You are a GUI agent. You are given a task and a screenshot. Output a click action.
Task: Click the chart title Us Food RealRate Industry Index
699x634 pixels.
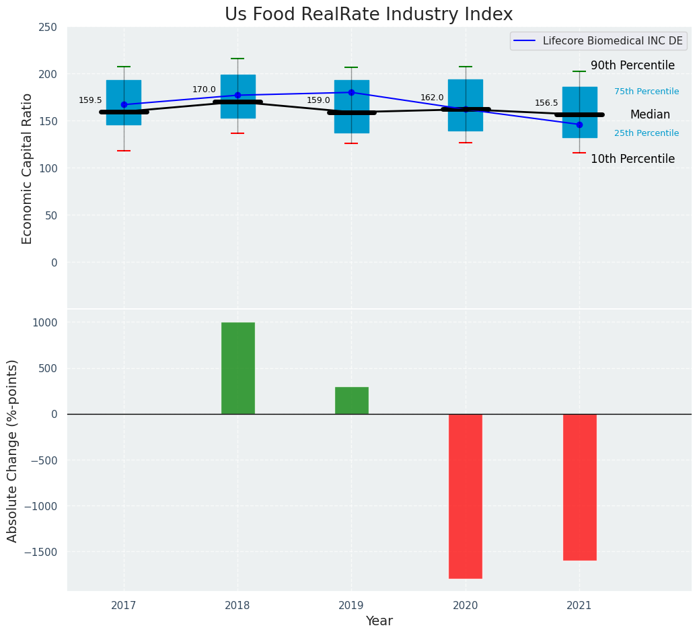pyautogui.click(x=369, y=15)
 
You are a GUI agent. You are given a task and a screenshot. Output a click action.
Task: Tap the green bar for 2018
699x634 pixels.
pyautogui.click(x=237, y=368)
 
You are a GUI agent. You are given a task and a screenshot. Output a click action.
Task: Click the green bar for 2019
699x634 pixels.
pyautogui.click(x=351, y=400)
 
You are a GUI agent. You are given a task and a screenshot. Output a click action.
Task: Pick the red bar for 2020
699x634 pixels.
pyautogui.click(x=466, y=496)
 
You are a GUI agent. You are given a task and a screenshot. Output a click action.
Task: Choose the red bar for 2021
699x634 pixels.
pyautogui.click(x=579, y=487)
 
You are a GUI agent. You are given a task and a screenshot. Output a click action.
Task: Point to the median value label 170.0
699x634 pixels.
pyautogui.click(x=204, y=90)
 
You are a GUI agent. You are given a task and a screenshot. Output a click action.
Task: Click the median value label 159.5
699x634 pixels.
pyautogui.click(x=90, y=100)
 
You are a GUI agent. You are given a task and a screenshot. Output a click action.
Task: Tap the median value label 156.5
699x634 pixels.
pyautogui.click(x=546, y=103)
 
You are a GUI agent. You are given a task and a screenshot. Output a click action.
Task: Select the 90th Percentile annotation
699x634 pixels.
pyautogui.click(x=632, y=65)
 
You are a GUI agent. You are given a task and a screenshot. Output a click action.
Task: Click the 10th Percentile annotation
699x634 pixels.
pyautogui.click(x=632, y=159)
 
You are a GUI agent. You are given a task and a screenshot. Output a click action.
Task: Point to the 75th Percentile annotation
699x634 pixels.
pyautogui.click(x=646, y=92)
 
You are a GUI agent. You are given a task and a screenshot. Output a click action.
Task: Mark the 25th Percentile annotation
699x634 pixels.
pyautogui.click(x=646, y=133)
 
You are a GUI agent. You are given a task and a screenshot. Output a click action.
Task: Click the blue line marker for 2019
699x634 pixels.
pyautogui.click(x=351, y=92)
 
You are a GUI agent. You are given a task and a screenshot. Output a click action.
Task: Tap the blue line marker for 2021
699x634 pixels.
pyautogui.click(x=579, y=125)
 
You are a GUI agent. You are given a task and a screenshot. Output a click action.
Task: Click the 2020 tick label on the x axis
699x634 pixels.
pyautogui.click(x=466, y=606)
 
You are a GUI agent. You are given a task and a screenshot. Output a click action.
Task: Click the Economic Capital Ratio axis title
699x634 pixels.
pyautogui.click(x=28, y=168)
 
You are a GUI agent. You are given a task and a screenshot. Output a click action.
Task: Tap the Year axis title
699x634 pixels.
pyautogui.click(x=379, y=621)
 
